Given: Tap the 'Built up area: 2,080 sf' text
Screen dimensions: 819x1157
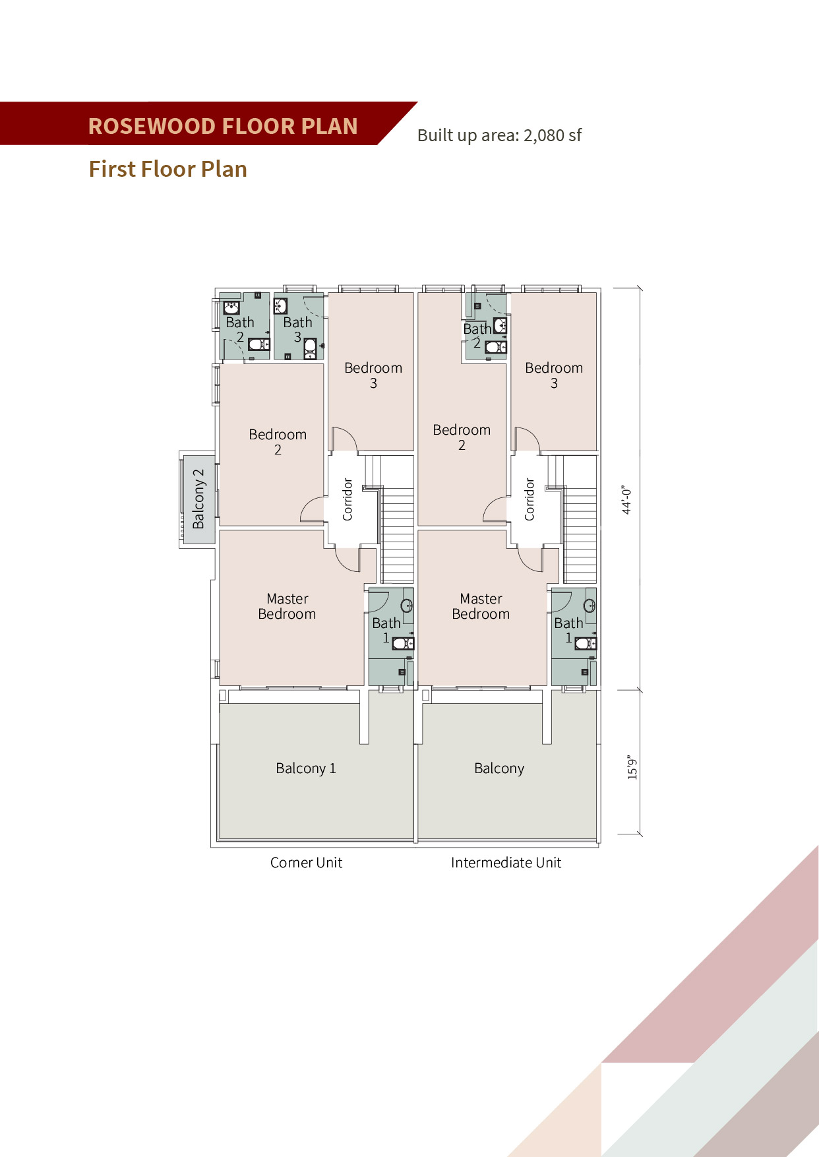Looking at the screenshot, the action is coord(499,136).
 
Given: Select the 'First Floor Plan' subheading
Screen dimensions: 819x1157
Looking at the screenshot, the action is coord(168,170).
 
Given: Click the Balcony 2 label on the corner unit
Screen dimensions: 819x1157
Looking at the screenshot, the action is coord(198,499).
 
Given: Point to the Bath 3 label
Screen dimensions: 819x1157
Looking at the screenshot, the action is coord(297,330).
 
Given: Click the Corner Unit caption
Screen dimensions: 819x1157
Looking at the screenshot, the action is coord(306,863).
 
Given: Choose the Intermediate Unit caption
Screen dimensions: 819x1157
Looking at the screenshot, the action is coord(506,863).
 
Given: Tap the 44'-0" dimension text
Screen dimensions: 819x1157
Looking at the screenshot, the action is coord(626,500).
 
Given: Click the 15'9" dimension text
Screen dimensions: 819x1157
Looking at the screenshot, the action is coord(632,768).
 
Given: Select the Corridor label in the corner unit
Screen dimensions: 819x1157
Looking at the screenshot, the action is coord(348,500).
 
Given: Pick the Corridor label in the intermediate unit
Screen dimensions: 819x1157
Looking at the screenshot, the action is coord(529,500).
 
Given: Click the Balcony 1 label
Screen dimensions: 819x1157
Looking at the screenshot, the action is coord(306,768).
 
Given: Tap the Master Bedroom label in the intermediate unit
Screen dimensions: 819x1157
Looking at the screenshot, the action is coord(481,606).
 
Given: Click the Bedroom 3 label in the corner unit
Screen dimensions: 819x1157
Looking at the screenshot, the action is coord(373,375).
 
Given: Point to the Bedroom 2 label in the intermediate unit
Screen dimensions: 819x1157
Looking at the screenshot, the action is coord(462,437).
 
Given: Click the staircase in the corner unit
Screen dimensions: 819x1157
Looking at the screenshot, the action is coord(397,518).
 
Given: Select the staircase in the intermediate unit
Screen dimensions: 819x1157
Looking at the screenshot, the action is coord(580,518).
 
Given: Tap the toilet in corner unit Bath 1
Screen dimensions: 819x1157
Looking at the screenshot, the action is coord(403,643).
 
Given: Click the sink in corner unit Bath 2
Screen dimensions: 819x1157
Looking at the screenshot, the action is coord(231,308).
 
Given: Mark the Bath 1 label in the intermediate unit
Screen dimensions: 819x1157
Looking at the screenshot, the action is coord(568,630).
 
